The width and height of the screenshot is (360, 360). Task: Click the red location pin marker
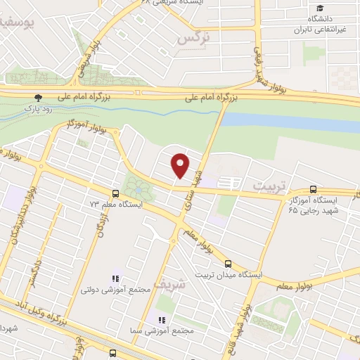click(181, 165)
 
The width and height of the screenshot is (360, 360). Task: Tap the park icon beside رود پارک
click(39, 98)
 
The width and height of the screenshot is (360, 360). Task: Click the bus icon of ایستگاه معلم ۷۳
click(116, 193)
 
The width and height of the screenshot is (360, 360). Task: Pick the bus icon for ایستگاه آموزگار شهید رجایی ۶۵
click(313, 189)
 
